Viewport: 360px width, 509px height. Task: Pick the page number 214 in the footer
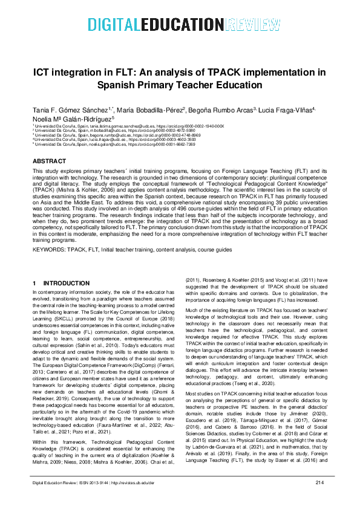(320, 499)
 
